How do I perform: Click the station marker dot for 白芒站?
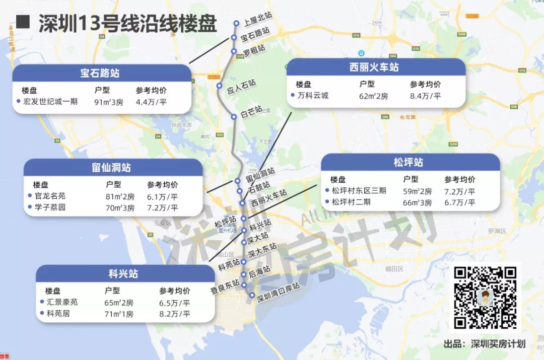click(234, 117)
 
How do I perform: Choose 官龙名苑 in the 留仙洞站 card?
click(50, 196)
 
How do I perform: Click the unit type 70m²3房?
click(120, 207)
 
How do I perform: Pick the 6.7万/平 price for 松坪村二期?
click(459, 202)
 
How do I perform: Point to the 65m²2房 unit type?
click(119, 303)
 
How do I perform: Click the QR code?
click(485, 298)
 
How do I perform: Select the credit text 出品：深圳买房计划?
click(484, 344)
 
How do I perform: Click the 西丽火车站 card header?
click(374, 67)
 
